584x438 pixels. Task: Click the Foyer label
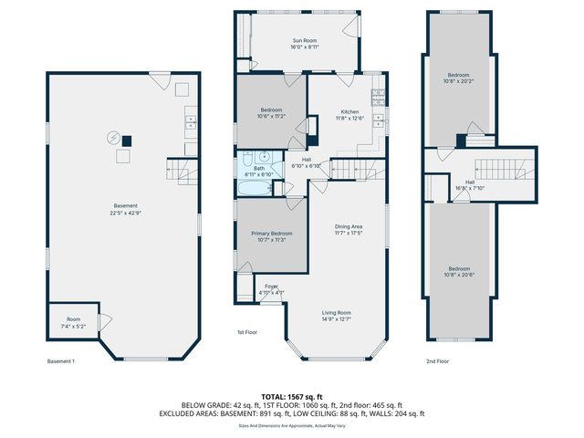[x=271, y=287]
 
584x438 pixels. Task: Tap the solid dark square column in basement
[x=127, y=141]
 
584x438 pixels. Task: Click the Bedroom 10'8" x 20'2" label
[x=458, y=78]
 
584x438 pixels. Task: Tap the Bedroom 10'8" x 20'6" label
[x=458, y=271]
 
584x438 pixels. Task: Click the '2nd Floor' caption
[x=438, y=360]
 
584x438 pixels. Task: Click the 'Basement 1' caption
[x=60, y=360]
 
